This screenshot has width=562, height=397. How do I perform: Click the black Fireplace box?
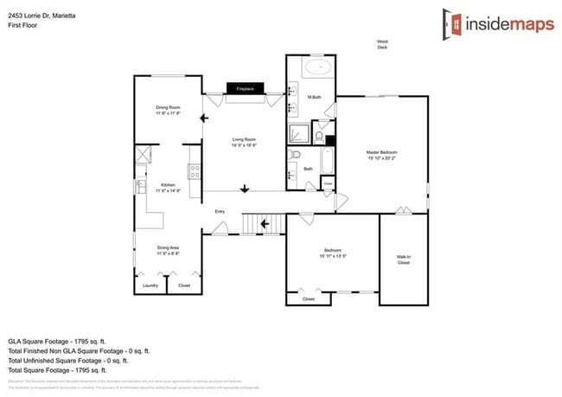pos(245,88)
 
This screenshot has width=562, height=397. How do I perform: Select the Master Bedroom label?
pos(381,155)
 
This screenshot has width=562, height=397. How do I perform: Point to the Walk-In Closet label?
pos(404,259)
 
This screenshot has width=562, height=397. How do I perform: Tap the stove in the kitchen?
pos(195,171)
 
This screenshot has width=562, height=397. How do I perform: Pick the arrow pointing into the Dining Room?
pos(203,118)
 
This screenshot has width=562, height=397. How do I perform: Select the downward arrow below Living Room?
pos(246,189)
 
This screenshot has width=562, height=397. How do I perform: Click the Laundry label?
pos(150,285)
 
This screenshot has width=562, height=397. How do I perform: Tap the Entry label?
pos(220,211)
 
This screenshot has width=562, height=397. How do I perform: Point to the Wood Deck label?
pos(381,45)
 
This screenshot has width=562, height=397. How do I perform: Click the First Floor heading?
pos(23,26)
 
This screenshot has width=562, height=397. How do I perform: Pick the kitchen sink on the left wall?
pos(138,185)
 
